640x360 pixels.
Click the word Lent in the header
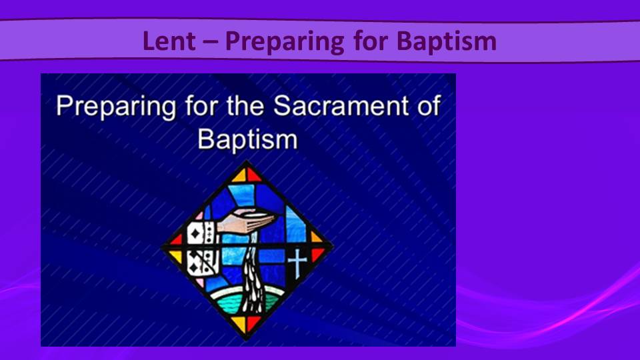[x=169, y=41]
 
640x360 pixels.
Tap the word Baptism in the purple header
[x=447, y=42]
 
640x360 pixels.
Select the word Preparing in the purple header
[x=285, y=42]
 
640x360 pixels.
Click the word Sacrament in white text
[x=341, y=105]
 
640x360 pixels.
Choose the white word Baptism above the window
[x=248, y=139]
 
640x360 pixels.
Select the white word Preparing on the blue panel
[x=116, y=107]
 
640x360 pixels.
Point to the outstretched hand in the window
[x=246, y=221]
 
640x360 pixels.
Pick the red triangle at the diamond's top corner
[x=253, y=175]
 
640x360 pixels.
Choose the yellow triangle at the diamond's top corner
[x=239, y=175]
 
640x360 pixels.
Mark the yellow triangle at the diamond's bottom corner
[x=239, y=323]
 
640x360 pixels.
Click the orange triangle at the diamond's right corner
[x=315, y=237]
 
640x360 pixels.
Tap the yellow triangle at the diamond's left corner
[x=176, y=256]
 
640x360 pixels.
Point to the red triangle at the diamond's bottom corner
[x=253, y=323]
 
